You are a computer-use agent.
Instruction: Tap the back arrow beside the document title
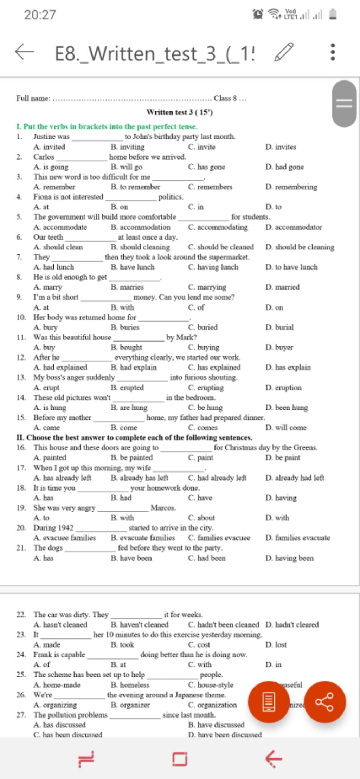[x=25, y=52]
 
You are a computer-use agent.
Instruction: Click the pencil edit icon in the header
[x=284, y=52]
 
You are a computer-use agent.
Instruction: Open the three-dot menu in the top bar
[x=333, y=52]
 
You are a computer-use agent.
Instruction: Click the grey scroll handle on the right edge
[x=345, y=104]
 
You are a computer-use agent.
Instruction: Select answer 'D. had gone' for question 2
[x=284, y=167]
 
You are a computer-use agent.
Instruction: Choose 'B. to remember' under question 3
[x=135, y=187]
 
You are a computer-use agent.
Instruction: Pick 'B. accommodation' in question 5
[x=140, y=227]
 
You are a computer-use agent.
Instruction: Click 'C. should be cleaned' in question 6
[x=221, y=247]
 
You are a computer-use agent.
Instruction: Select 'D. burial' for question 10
[x=279, y=327]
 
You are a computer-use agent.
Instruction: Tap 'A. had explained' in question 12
[x=60, y=367]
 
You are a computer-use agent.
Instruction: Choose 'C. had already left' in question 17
[x=217, y=478]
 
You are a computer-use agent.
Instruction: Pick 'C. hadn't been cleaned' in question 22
[x=223, y=624]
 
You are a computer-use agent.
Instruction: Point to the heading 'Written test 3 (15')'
[x=180, y=112]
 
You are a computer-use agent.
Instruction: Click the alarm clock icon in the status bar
[x=258, y=14]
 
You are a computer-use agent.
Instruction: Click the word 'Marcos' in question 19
[x=163, y=508]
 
